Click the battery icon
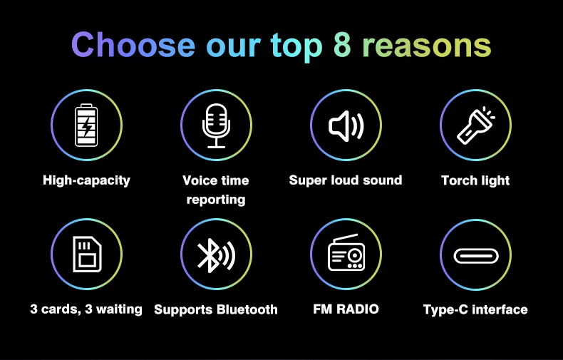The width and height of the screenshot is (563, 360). [86, 125]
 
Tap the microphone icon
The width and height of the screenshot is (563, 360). [216, 125]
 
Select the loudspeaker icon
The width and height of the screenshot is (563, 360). [346, 125]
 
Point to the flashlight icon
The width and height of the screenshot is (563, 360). [476, 125]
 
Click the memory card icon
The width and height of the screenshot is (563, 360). [87, 254]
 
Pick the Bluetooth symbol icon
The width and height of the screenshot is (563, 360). [216, 255]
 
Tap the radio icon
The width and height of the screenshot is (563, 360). [346, 252]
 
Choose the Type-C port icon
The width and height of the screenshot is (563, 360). [476, 256]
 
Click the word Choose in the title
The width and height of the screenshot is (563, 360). [133, 45]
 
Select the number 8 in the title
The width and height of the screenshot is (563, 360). [342, 45]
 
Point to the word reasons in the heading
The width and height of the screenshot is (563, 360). [427, 47]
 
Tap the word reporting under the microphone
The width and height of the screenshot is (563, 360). [216, 200]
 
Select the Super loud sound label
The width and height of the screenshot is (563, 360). [346, 180]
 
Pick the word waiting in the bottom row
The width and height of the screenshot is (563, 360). [119, 309]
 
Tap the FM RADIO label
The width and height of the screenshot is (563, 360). [346, 309]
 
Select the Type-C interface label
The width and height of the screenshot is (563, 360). [475, 309]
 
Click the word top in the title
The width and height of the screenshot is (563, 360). [296, 47]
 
